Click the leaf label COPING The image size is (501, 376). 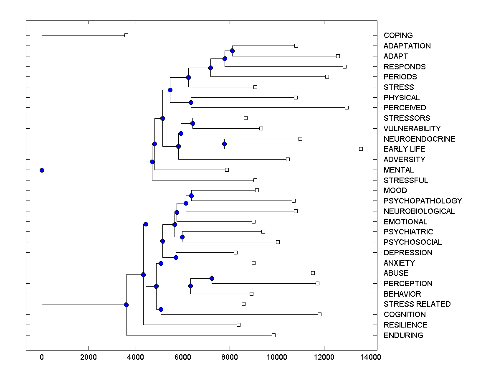point(398,36)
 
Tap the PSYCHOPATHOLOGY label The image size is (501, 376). point(423,201)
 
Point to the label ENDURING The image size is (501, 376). point(403,335)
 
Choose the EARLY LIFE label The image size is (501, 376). point(404,149)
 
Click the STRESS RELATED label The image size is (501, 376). point(417,304)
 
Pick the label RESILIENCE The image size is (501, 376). point(405,325)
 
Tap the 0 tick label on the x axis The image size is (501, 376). point(42,357)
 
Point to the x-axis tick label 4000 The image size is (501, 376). point(136,357)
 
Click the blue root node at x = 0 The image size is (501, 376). point(42,170)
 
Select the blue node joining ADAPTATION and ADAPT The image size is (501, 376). point(232,51)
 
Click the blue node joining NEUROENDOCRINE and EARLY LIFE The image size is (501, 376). point(224,144)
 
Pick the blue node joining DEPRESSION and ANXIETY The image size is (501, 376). point(176,257)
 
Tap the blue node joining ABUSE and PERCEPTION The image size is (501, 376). point(212,278)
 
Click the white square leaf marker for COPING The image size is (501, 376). point(126,36)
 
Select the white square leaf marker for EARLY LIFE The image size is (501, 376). point(361,149)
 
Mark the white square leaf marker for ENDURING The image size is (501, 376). point(273,335)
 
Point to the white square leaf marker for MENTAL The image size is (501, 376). point(227,170)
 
